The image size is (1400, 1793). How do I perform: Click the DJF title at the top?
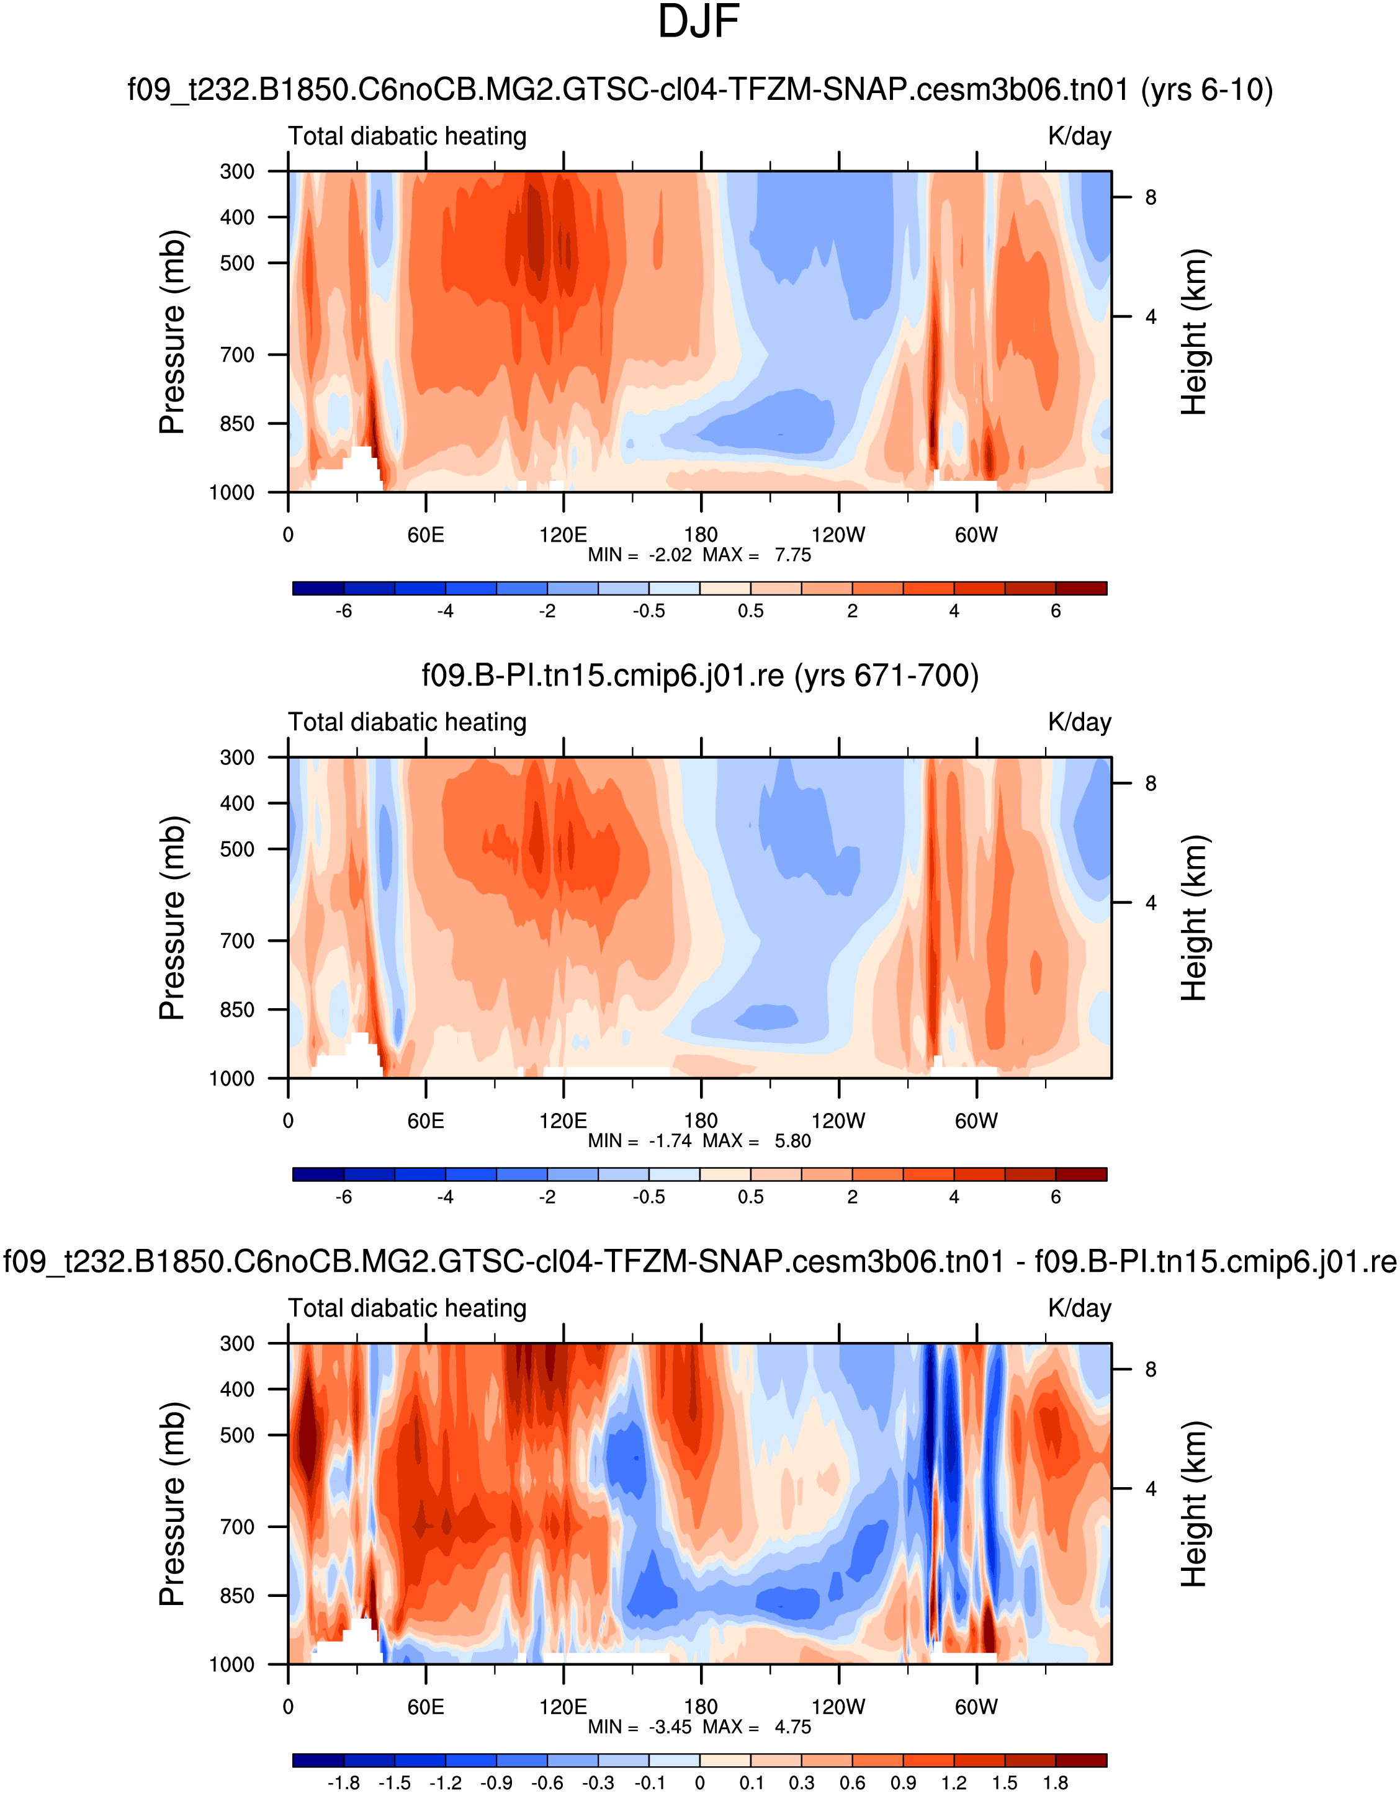[x=699, y=23]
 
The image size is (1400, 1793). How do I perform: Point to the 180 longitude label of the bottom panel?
[x=701, y=1707]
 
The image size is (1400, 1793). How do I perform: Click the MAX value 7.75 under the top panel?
[x=792, y=555]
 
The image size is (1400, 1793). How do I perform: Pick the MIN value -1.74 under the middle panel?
[x=670, y=1141]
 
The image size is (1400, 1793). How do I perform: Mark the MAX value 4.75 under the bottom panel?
[x=792, y=1727]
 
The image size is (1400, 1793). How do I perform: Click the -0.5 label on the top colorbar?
[x=648, y=611]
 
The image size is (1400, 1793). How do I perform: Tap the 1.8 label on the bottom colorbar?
[x=1055, y=1783]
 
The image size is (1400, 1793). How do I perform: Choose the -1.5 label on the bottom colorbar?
[x=394, y=1783]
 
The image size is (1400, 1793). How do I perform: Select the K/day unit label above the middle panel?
[x=1079, y=722]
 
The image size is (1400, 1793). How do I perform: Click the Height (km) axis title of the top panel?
[x=1194, y=332]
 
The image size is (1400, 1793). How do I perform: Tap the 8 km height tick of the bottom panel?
[x=1151, y=1369]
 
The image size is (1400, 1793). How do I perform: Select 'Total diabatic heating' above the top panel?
[x=407, y=136]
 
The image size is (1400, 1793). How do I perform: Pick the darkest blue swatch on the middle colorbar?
[x=318, y=1174]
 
